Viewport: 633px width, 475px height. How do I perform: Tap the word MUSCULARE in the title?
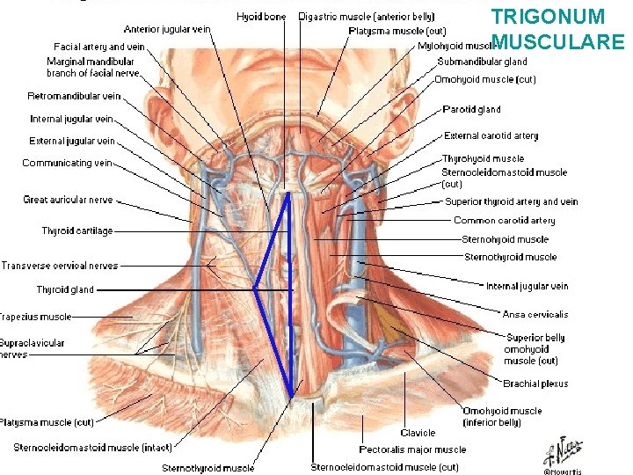pos(559,40)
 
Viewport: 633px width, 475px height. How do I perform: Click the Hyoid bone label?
pos(261,17)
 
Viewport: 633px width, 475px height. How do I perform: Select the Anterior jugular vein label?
pos(167,29)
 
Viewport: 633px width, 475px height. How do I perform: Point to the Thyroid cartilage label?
pos(77,231)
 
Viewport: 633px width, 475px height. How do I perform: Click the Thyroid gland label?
pos(65,289)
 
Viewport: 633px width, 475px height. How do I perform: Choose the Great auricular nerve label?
pos(68,200)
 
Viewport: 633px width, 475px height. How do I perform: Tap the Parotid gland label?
pos(472,110)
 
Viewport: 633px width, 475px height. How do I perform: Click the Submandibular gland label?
pos(483,62)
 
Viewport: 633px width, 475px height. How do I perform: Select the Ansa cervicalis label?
pos(535,314)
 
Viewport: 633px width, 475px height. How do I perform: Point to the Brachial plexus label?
pos(535,384)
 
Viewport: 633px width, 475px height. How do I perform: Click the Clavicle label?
pos(418,432)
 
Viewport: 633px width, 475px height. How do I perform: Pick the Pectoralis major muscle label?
pos(412,449)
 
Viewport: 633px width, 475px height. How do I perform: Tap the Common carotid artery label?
pos(505,221)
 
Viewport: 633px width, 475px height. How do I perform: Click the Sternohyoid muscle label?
pos(505,239)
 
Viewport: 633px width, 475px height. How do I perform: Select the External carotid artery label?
pos(491,136)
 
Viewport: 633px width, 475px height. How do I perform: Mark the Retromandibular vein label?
pos(74,96)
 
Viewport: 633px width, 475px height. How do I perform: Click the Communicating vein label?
pos(68,163)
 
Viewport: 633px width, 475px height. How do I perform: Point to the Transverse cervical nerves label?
pos(59,266)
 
